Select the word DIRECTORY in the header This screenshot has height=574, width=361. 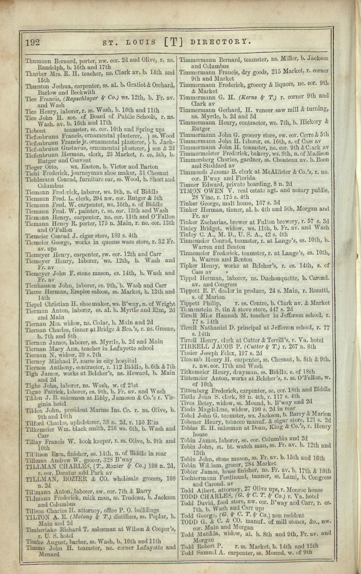(x=220, y=41)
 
